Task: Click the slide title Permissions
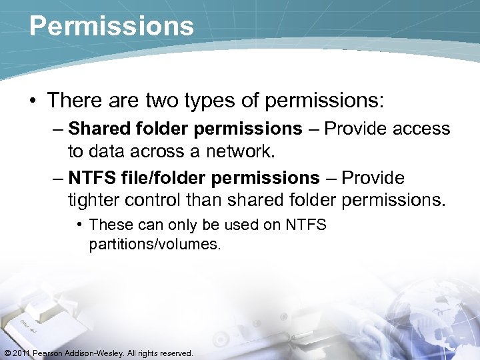tap(111, 26)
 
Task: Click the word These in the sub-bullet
tap(110, 225)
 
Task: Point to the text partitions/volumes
tap(154, 244)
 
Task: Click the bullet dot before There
tap(33, 101)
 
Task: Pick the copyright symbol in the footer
tap(7, 353)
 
